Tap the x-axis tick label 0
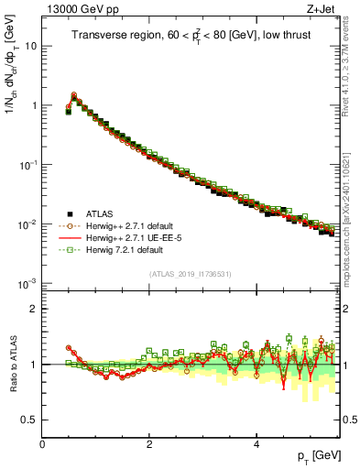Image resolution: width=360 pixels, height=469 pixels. (x=42, y=444)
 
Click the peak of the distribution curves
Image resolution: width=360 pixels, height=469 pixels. (x=73, y=94)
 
